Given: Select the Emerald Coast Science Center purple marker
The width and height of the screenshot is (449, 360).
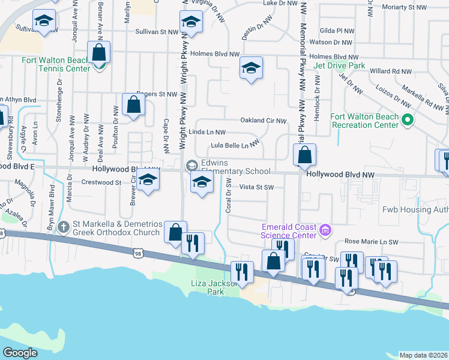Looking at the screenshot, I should pyautogui.click(x=325, y=230).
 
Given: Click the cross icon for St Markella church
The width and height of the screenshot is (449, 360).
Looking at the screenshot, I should pyautogui.click(x=65, y=227).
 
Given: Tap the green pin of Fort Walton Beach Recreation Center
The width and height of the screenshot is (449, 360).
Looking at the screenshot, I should pyautogui.click(x=408, y=121).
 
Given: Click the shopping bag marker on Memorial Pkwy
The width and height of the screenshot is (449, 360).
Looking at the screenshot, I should pyautogui.click(x=305, y=155).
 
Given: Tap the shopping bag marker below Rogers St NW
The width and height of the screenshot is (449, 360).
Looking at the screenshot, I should pyautogui.click(x=134, y=104).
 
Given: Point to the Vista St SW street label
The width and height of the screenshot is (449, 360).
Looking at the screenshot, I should pyautogui.click(x=256, y=187).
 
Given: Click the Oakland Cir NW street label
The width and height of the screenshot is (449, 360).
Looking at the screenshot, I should pyautogui.click(x=263, y=121).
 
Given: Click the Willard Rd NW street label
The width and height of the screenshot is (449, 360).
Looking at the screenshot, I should pyautogui.click(x=391, y=71).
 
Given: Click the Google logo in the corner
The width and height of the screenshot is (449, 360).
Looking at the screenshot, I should pyautogui.click(x=20, y=353).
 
